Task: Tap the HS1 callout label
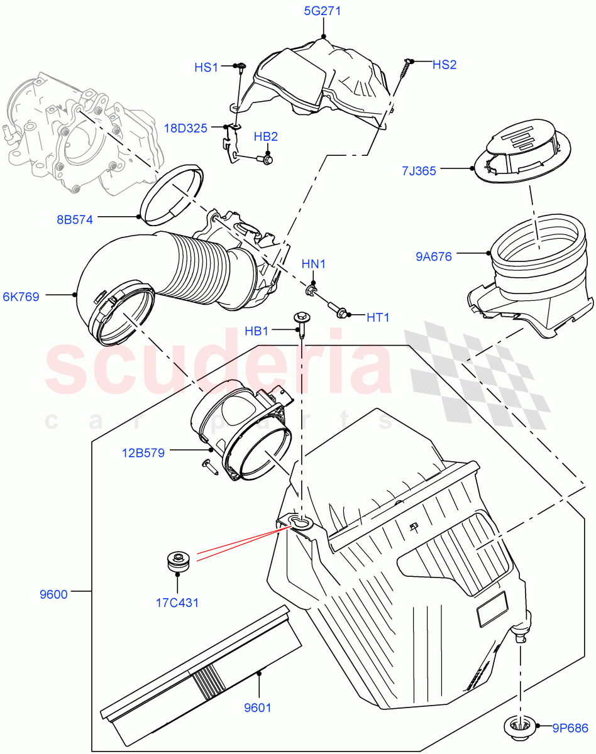click(x=206, y=67)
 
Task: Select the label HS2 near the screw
click(x=444, y=65)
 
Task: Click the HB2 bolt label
click(x=266, y=137)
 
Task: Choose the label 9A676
click(x=433, y=256)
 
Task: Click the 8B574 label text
click(x=74, y=220)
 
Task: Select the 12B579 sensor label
click(x=143, y=452)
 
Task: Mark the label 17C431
click(x=178, y=603)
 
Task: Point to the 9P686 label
click(x=570, y=729)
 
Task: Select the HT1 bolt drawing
click(x=339, y=310)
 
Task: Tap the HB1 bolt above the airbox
click(x=300, y=324)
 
